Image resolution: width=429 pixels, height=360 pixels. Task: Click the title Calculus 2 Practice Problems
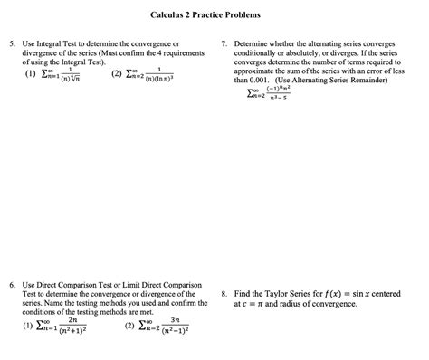214,14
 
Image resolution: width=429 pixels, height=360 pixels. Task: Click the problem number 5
11,43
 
